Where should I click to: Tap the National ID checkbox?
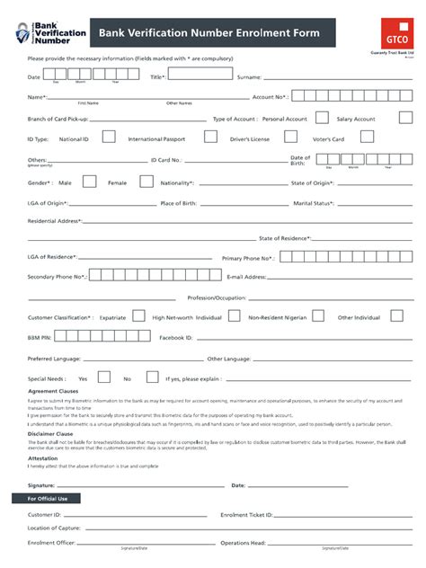coord(109,138)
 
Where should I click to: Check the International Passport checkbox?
coord(210,138)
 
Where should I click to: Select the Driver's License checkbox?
coord(288,138)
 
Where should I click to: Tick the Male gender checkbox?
coord(90,182)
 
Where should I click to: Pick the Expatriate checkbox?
coord(138,316)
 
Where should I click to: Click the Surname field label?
coord(250,77)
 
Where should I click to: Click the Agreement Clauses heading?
coord(56,392)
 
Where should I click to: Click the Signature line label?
coord(43,484)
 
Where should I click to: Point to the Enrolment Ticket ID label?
coord(246,515)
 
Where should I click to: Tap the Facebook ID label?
coord(176,337)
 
